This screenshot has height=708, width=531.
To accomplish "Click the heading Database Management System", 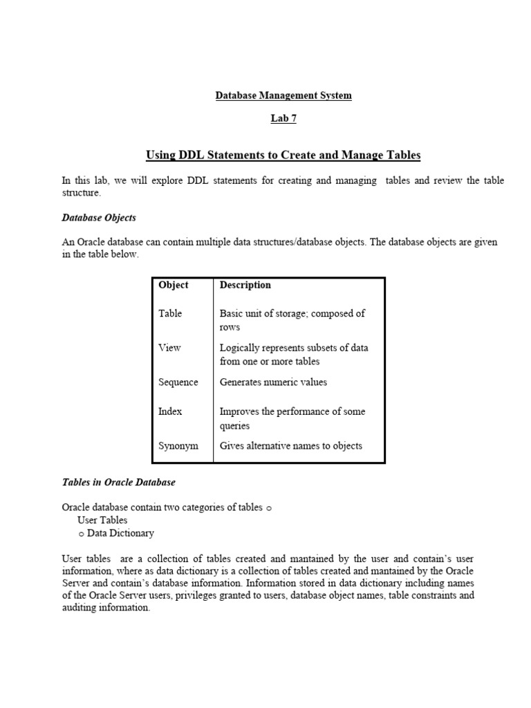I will click(283, 95).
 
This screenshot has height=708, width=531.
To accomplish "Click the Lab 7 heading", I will click(283, 118).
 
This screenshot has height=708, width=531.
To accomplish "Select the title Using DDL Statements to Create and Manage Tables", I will click(283, 155).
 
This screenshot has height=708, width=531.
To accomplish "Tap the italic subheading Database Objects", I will click(99, 217).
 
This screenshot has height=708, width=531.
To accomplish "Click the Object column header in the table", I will click(173, 285).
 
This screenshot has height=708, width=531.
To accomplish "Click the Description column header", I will click(245, 285).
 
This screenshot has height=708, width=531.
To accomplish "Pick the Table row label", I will click(170, 313).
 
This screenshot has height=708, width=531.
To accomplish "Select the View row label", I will click(169, 348).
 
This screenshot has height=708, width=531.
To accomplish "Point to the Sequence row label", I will click(178, 382).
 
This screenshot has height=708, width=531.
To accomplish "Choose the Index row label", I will click(170, 411).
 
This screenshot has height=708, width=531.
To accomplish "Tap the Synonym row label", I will click(178, 446).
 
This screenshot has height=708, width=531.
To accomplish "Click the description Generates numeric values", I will click(273, 382).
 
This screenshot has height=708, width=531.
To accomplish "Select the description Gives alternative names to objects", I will click(290, 446).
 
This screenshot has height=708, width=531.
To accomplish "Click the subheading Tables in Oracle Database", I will click(118, 482).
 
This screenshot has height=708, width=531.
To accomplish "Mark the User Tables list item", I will click(102, 520).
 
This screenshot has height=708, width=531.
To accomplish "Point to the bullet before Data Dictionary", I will click(82, 534).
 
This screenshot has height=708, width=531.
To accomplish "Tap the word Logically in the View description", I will click(239, 348).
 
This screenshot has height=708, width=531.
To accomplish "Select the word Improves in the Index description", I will click(239, 411).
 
